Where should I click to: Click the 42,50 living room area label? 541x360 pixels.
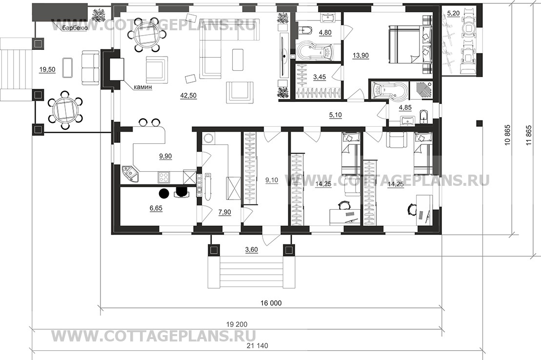(188, 95)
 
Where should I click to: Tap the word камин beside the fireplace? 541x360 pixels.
(143, 87)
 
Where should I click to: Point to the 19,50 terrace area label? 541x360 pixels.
(47, 70)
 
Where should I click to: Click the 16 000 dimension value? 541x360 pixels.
(271, 303)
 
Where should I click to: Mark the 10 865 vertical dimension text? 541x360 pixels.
(507, 135)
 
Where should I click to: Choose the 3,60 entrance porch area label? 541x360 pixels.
(252, 250)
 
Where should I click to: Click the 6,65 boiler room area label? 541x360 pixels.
(156, 208)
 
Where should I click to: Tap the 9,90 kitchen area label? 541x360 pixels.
(165, 157)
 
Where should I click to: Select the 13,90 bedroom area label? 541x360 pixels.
(361, 55)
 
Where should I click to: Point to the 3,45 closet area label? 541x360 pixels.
(320, 77)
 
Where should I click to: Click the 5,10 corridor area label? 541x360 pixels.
(335, 115)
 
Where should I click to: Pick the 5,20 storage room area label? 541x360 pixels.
(453, 14)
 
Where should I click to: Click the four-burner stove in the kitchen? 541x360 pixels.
(164, 178)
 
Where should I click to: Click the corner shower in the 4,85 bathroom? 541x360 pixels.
(420, 90)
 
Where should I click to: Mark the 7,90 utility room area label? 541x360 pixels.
(224, 212)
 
